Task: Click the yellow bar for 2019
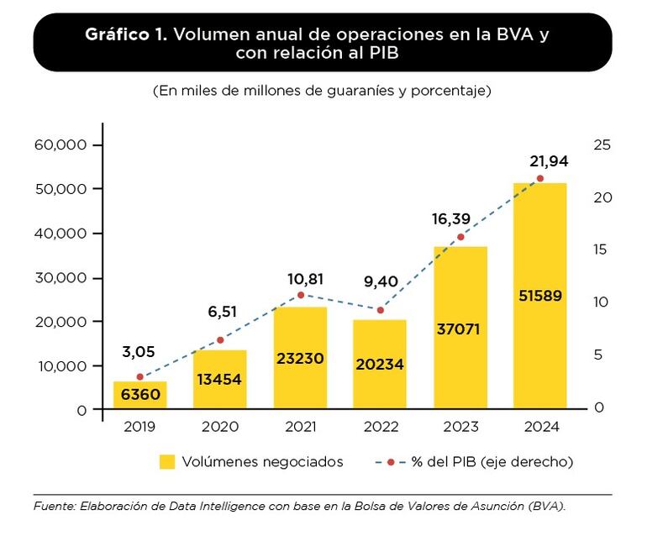[x=140, y=395]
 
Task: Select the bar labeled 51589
[x=540, y=295]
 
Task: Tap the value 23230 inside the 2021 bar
[x=300, y=359]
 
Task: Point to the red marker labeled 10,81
[x=301, y=295]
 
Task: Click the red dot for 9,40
[x=380, y=310]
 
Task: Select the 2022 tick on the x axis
[x=380, y=427]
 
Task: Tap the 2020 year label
[x=220, y=427]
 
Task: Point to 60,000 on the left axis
[x=60, y=145]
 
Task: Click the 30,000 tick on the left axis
[x=60, y=278]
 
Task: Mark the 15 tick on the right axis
[x=600, y=250]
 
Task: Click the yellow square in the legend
[x=167, y=461]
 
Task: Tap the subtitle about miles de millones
[x=322, y=90]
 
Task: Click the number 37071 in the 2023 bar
[x=459, y=328]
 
